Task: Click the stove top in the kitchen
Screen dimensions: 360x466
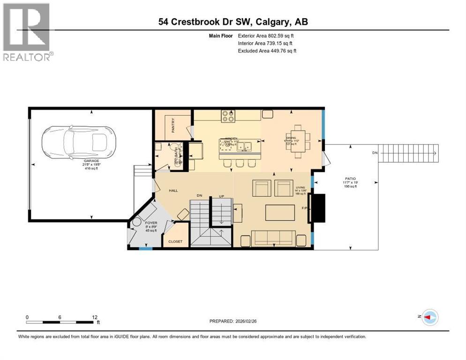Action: click(228, 116)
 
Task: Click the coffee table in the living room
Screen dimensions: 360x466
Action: click(280, 212)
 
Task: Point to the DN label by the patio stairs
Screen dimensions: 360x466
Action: click(374, 153)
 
